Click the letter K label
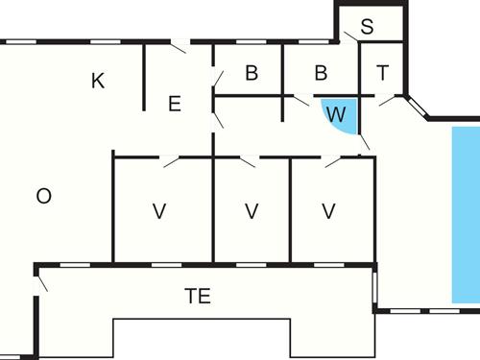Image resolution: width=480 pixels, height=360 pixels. tap(98, 82)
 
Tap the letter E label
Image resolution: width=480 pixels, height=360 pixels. tap(174, 105)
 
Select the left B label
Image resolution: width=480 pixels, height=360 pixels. tap(252, 73)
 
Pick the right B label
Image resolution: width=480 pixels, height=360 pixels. tap(321, 73)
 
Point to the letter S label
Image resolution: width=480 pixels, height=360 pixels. tap(367, 27)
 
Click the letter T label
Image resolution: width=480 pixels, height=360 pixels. tap(383, 73)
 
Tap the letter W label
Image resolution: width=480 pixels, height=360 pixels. tap(335, 114)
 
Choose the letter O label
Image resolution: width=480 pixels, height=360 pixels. tap(43, 197)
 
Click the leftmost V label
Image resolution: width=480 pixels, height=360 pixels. tap(159, 211)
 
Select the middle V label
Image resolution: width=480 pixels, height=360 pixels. tap(252, 211)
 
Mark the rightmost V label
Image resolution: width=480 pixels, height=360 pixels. tap(328, 211)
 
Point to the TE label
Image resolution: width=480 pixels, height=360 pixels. tap(198, 297)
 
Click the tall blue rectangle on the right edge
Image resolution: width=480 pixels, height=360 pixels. tap(465, 216)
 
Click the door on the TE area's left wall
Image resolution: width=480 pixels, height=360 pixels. tap(41, 284)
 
